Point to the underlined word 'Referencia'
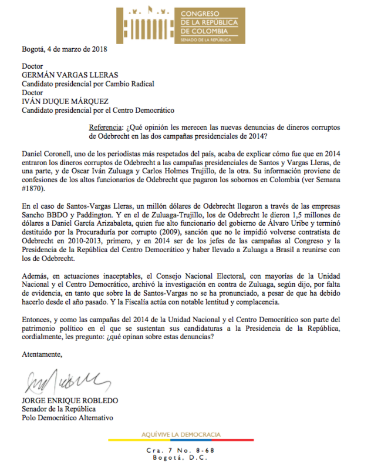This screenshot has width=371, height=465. click(x=106, y=128)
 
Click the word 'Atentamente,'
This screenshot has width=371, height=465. click(x=42, y=354)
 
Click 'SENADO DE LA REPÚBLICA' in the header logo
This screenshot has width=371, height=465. click(x=203, y=39)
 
